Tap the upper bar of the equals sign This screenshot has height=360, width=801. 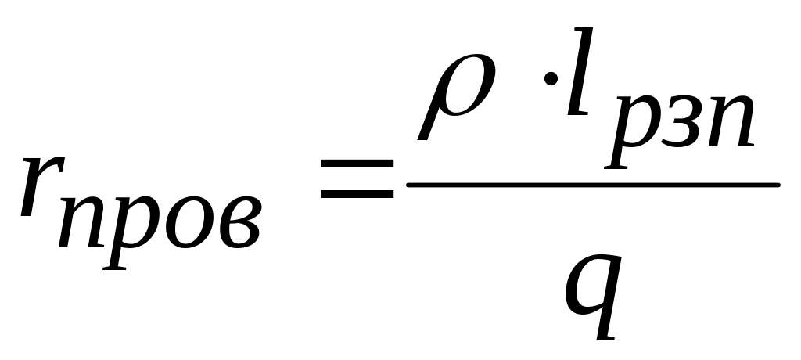[355, 164]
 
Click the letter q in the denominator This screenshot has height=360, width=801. [594, 290]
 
